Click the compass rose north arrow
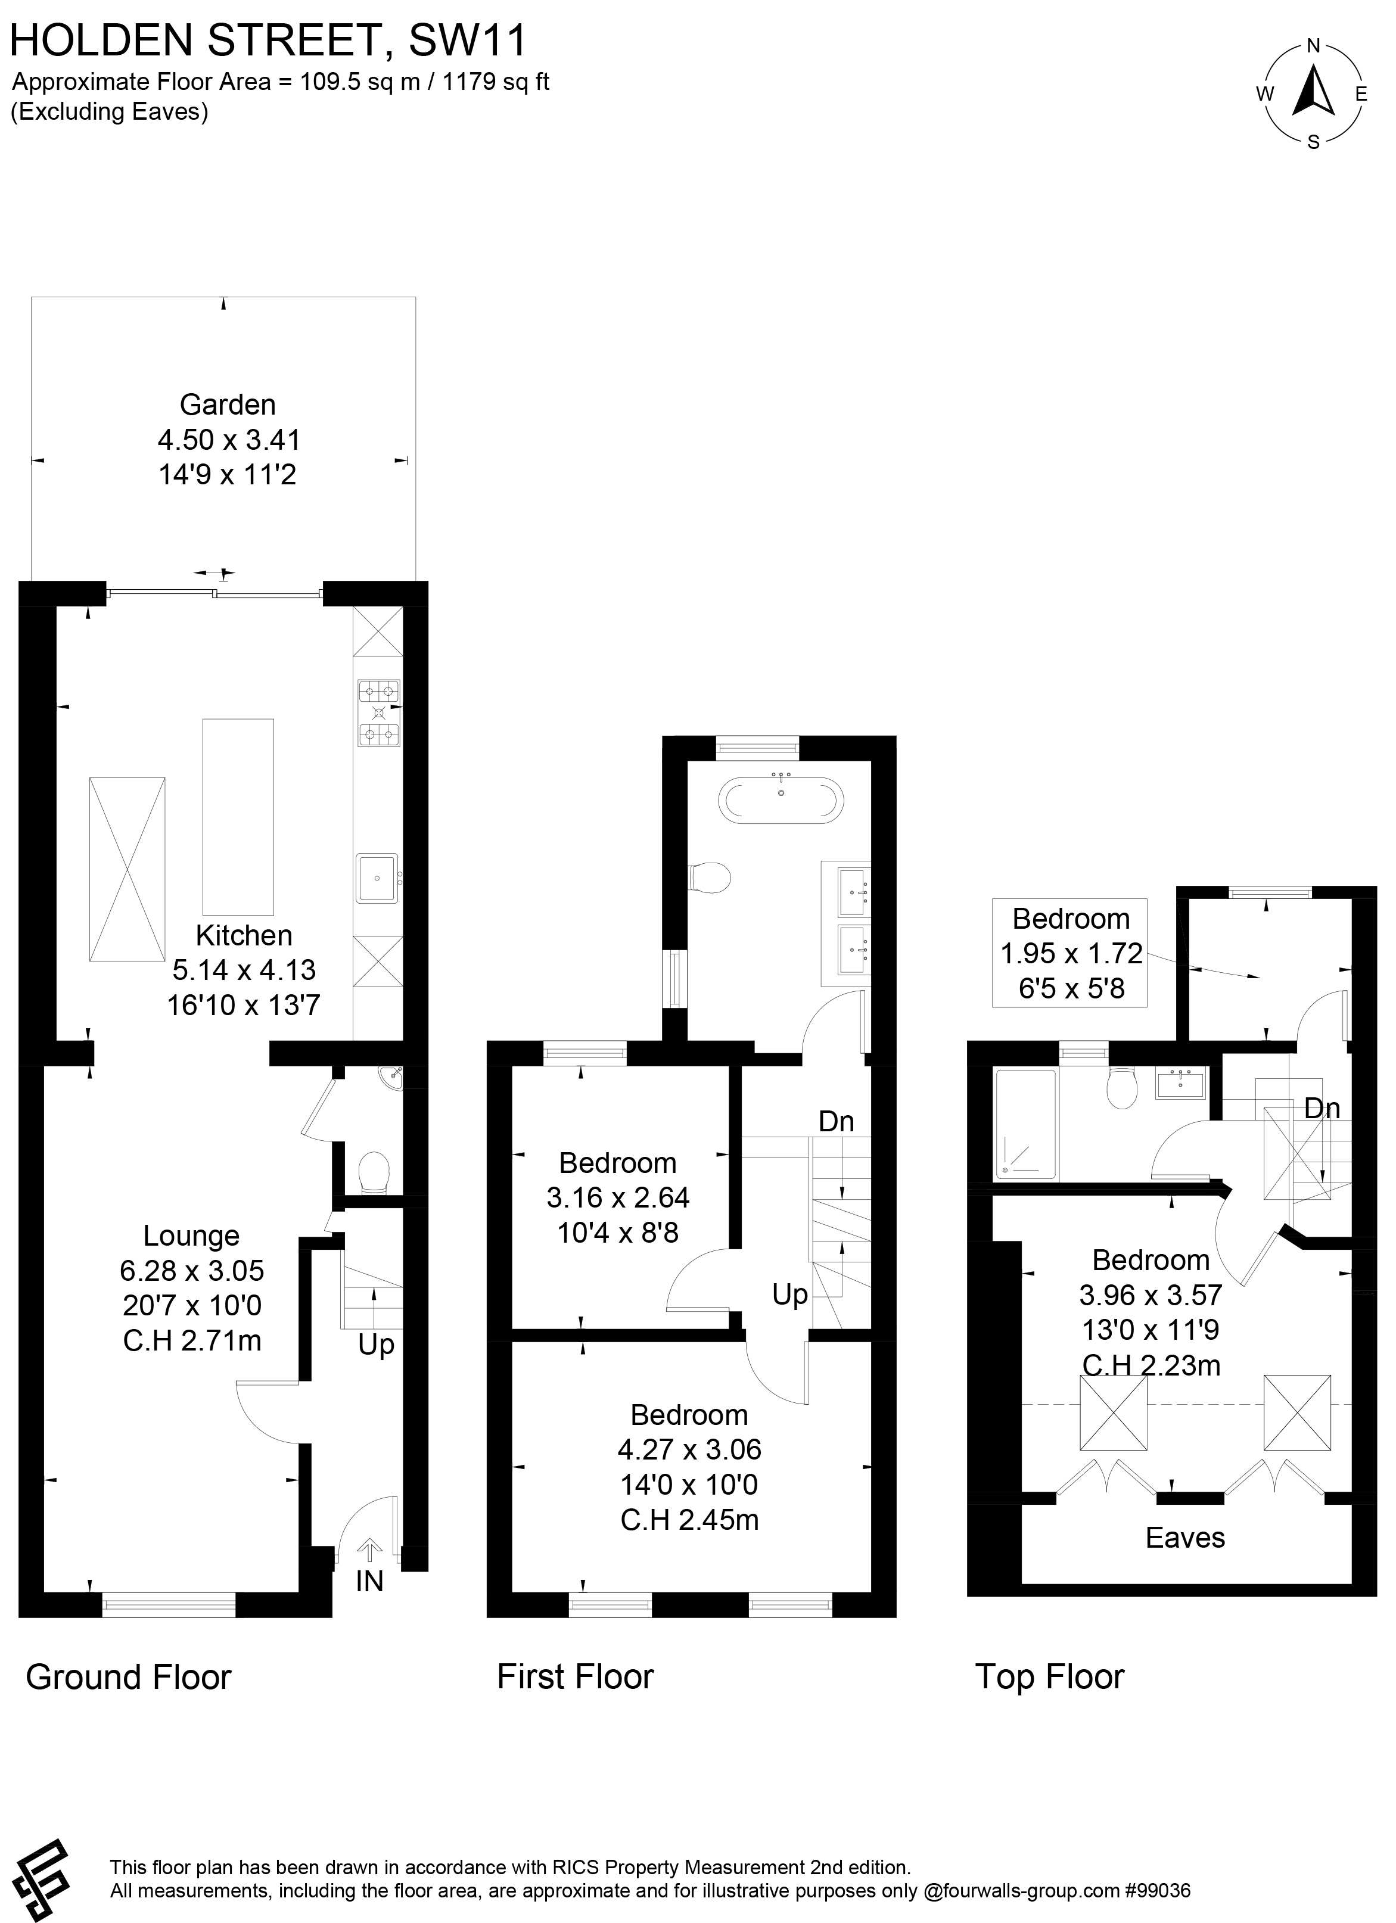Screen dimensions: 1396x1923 [1313, 91]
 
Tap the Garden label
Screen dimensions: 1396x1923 [227, 404]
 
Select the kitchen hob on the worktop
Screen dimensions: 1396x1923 [379, 712]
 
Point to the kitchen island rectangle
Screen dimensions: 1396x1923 [238, 817]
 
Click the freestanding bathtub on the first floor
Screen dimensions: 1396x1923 [781, 799]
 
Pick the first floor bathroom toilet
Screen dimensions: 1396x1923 [709, 878]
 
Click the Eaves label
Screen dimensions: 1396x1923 [1185, 1537]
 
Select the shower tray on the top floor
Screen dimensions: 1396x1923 [1026, 1124]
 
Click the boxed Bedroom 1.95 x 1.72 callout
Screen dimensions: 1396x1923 [1070, 953]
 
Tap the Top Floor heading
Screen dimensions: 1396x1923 [1049, 1676]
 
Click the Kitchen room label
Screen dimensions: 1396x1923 [244, 935]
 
